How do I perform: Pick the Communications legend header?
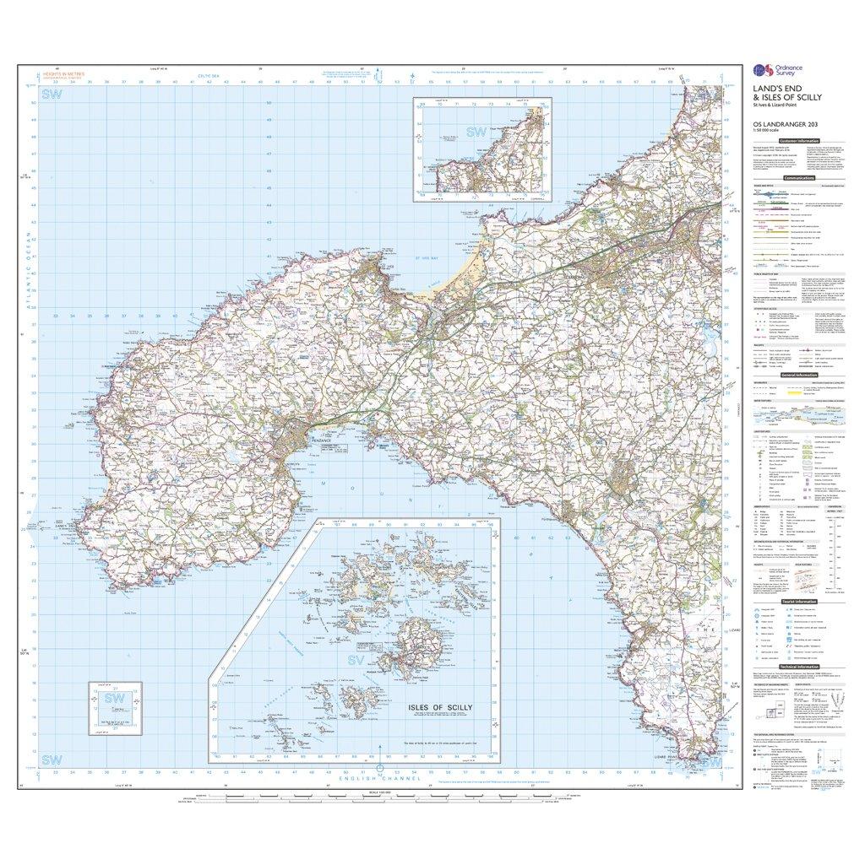tap(799, 179)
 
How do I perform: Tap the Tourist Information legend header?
tap(799, 601)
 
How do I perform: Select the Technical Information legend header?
tap(799, 666)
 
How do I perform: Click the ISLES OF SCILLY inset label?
tap(440, 707)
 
